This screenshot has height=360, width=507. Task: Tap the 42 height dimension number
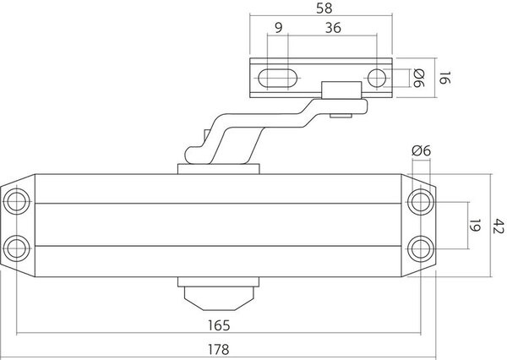[x=498, y=223]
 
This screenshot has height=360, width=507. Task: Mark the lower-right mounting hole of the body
[x=421, y=247]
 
